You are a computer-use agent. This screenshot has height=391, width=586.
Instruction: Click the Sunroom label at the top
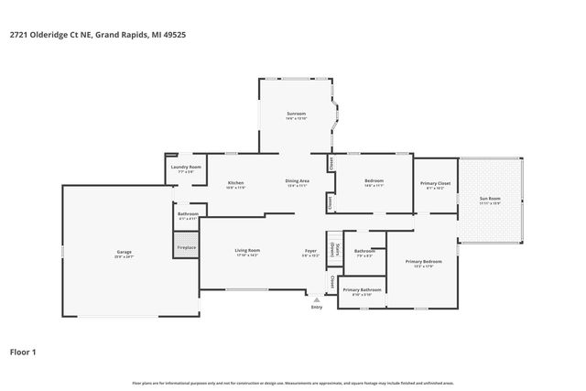click(294, 114)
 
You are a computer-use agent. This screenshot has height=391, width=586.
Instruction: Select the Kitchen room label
click(236, 183)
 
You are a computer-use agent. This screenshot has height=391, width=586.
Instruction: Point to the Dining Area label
click(298, 181)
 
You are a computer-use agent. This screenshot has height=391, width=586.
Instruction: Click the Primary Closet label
click(436, 184)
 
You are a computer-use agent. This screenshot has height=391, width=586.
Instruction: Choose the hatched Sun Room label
click(492, 199)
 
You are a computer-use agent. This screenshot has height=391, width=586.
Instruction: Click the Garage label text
click(124, 251)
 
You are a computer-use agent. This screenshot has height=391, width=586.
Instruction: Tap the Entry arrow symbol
click(317, 299)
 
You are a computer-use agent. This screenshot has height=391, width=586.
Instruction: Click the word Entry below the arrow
click(317, 307)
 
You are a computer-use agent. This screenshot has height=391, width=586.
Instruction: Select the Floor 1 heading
click(22, 351)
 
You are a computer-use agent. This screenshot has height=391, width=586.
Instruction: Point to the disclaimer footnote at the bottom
click(293, 381)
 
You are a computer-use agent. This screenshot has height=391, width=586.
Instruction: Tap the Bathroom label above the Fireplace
click(186, 215)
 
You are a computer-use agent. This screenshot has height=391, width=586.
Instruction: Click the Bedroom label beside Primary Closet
click(374, 181)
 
